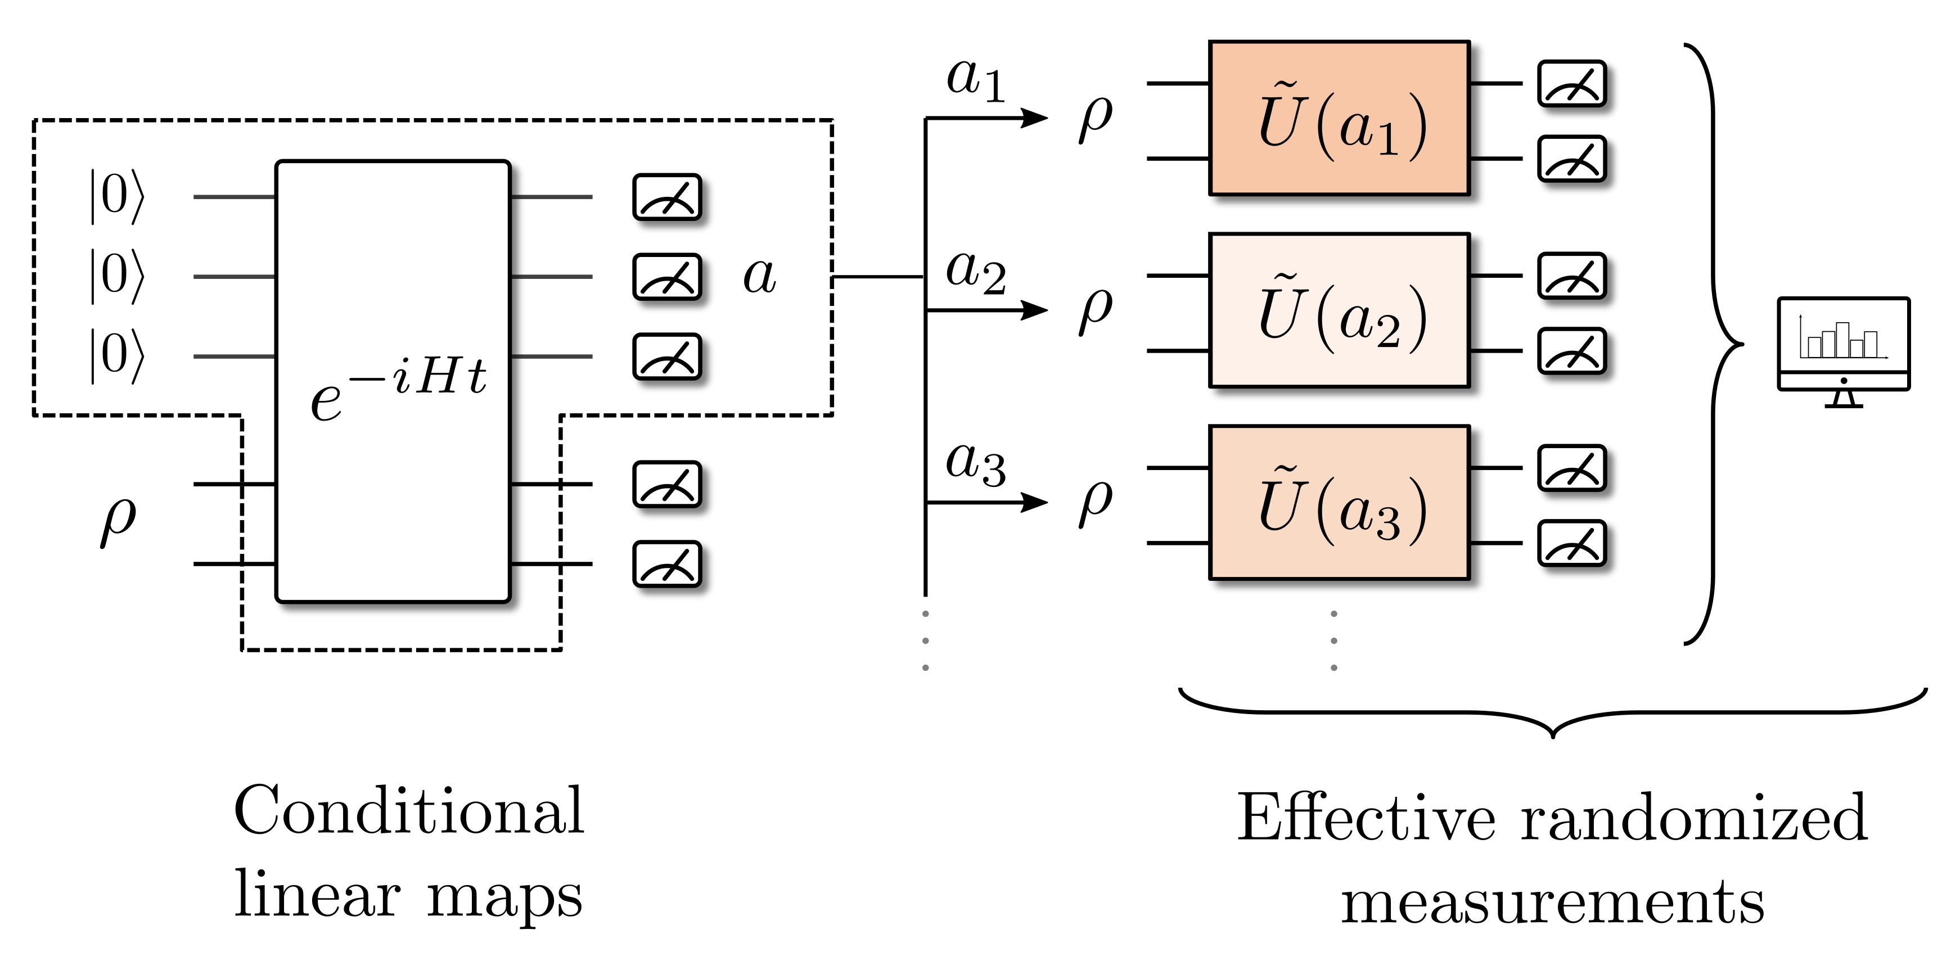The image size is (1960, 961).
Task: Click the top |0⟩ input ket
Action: [x=116, y=197]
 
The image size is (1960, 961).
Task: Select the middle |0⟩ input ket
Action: [x=116, y=276]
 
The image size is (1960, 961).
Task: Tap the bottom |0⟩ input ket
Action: [x=116, y=356]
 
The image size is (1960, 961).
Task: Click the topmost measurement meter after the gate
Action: [x=666, y=197]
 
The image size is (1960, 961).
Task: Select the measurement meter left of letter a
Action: [x=666, y=276]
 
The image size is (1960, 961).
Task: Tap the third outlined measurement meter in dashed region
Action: [x=666, y=356]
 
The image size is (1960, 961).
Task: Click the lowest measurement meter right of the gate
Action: [x=666, y=564]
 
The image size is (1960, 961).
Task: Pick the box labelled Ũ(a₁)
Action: [x=1339, y=118]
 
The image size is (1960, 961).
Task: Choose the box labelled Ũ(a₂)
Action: [x=1339, y=310]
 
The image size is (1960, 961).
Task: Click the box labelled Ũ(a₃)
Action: [x=1339, y=502]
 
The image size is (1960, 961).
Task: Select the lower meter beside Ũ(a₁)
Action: [x=1571, y=158]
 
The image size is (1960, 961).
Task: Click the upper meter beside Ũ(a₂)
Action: [x=1571, y=276]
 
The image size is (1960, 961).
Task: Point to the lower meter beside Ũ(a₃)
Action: [x=1571, y=543]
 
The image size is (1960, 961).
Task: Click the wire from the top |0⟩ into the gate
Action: [x=233, y=197]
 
